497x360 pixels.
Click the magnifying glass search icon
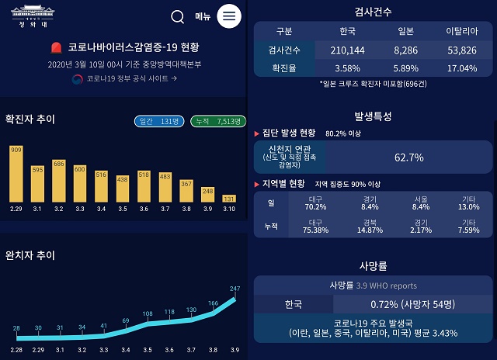(x=178, y=16)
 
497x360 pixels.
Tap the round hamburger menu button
(x=228, y=16)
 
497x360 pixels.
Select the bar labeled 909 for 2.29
(x=16, y=174)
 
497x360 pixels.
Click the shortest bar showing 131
(x=228, y=198)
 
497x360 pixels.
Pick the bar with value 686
(x=59, y=181)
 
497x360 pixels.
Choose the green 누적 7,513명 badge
(x=218, y=121)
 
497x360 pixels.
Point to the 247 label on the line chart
(x=235, y=289)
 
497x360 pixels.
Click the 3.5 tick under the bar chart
(x=122, y=209)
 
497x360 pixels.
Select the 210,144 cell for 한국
(x=347, y=50)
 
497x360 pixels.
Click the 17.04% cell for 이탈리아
(x=461, y=67)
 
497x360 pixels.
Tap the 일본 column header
(x=405, y=31)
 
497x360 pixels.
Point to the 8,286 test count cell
(x=405, y=50)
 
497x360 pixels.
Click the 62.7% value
(x=409, y=157)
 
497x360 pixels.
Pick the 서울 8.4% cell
(x=421, y=203)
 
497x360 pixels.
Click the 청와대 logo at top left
(x=33, y=16)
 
